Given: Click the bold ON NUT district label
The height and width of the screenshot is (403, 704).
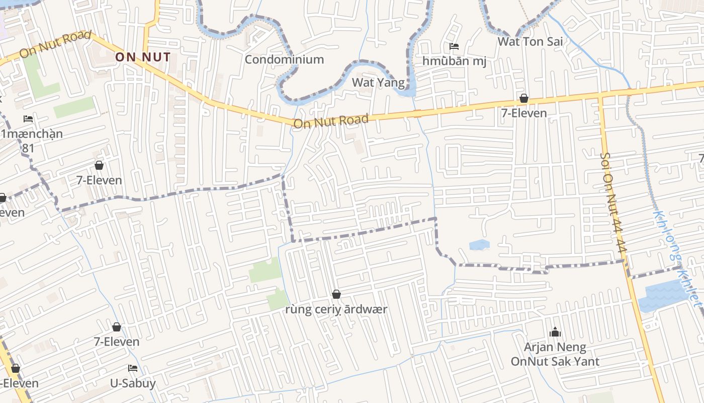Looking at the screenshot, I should (x=143, y=57).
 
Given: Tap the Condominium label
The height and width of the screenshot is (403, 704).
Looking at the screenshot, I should (x=284, y=59).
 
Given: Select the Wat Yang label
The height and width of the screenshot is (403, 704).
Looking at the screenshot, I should (x=378, y=82).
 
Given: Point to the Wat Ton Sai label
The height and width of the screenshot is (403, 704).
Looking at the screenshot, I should (x=530, y=41).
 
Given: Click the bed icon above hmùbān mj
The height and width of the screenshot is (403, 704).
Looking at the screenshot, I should (x=454, y=47).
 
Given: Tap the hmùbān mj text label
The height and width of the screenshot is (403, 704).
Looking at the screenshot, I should (x=454, y=61).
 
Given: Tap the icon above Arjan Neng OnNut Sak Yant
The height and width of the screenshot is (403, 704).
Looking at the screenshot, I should (x=555, y=332).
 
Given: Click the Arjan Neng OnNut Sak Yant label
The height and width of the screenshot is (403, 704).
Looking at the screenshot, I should (x=555, y=354).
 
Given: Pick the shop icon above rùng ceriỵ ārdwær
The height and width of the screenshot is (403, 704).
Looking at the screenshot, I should (x=336, y=294).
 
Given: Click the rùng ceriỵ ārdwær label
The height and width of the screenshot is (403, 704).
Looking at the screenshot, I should (x=336, y=309).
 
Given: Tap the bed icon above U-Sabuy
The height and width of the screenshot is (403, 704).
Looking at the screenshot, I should (x=133, y=368).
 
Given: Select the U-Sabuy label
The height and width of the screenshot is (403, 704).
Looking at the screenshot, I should (x=133, y=383).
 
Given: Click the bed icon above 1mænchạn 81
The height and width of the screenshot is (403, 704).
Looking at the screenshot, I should (x=28, y=119).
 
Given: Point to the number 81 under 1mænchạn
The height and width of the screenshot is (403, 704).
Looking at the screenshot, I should (x=28, y=148).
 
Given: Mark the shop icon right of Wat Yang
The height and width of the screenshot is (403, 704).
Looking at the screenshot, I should (x=524, y=98).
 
